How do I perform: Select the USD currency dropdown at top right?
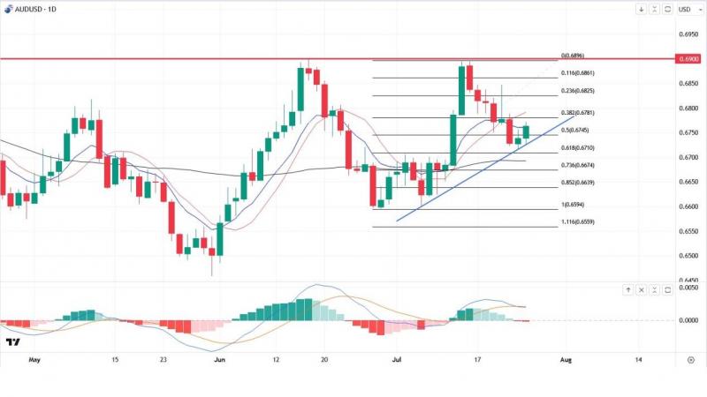(x=684, y=9)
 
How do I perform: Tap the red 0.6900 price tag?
(x=688, y=58)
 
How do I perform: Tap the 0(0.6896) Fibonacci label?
(x=573, y=56)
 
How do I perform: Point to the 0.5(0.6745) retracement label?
(x=574, y=130)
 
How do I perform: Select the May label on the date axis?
(x=34, y=360)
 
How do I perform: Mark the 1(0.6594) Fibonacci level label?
(x=574, y=206)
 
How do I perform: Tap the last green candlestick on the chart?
(x=526, y=132)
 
